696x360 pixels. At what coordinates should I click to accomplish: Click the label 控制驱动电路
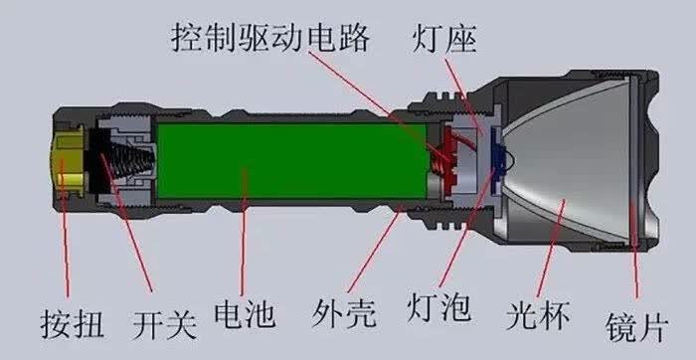click(270, 39)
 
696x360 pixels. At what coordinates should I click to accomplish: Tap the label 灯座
click(444, 40)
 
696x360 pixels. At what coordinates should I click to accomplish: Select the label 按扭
click(72, 324)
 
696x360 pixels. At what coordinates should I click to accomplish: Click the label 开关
click(165, 324)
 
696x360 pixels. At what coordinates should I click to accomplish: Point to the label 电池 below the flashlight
click(245, 314)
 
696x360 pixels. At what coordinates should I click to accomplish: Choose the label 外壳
click(344, 314)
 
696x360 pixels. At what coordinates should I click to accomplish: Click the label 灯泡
click(439, 306)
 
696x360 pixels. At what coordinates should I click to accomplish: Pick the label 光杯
click(538, 314)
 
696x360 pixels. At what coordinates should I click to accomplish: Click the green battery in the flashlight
click(293, 160)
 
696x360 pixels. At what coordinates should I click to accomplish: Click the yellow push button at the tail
click(69, 161)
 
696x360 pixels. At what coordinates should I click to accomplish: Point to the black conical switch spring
click(125, 160)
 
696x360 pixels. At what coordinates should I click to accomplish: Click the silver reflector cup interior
click(568, 161)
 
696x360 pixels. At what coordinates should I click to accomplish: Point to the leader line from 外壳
click(373, 253)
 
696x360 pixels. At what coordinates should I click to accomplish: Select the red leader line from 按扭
click(65, 228)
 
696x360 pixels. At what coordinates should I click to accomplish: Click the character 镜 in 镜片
click(620, 327)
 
